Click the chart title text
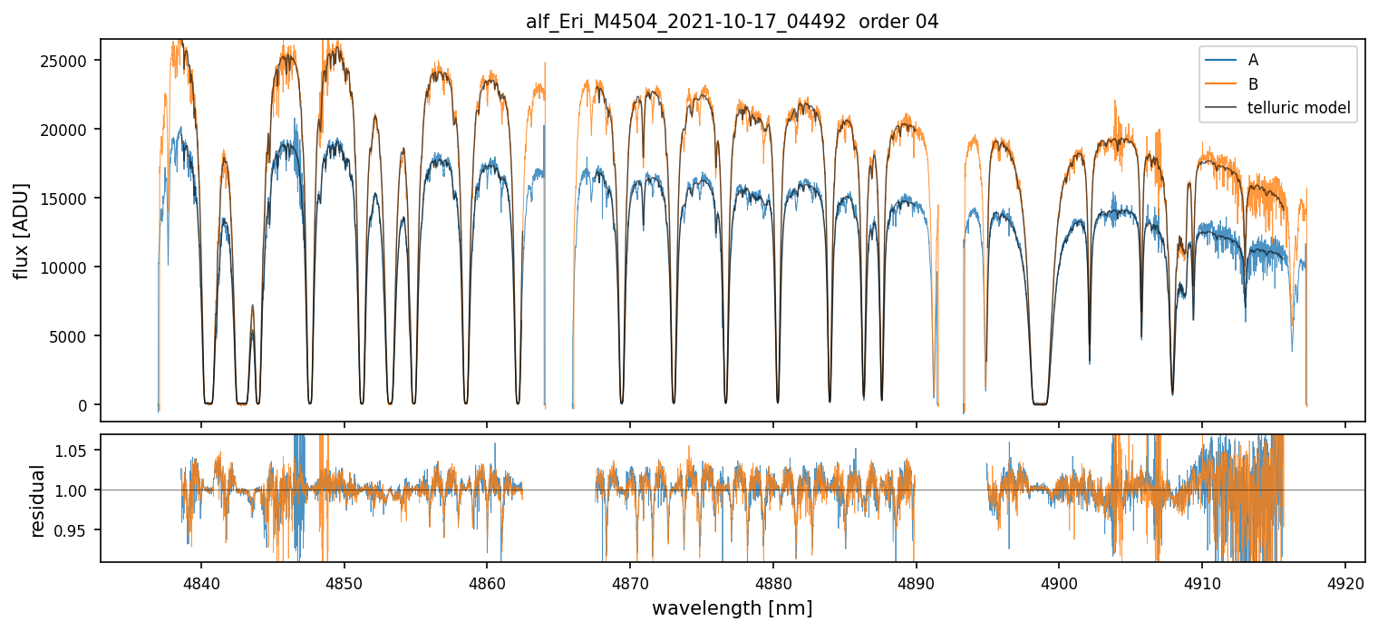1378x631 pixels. pyautogui.click(x=732, y=22)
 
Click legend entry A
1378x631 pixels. pyautogui.click(x=1253, y=60)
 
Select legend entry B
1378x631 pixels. pyautogui.click(x=1253, y=84)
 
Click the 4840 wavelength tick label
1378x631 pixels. pyautogui.click(x=201, y=579)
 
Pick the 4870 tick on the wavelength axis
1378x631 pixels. pyautogui.click(x=630, y=579)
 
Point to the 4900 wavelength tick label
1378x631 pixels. pyautogui.click(x=1059, y=579)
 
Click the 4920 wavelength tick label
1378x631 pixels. pyautogui.click(x=1344, y=579)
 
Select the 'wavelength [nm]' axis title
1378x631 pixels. pyautogui.click(x=732, y=607)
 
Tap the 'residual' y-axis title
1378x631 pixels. pyautogui.click(x=38, y=500)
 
